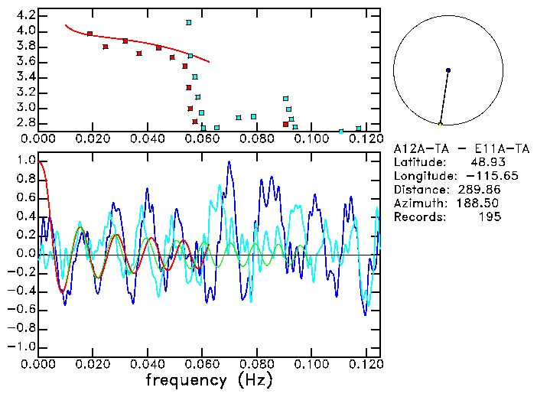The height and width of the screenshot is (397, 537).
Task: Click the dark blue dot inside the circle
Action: click(x=448, y=70)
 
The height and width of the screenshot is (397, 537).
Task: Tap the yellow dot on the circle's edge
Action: click(x=440, y=124)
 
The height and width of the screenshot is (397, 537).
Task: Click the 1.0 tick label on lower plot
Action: click(x=25, y=161)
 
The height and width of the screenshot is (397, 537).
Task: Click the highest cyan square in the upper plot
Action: click(x=188, y=23)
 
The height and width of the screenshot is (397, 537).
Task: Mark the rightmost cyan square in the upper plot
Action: click(x=359, y=129)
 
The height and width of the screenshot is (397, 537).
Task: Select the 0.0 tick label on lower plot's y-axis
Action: click(x=25, y=253)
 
